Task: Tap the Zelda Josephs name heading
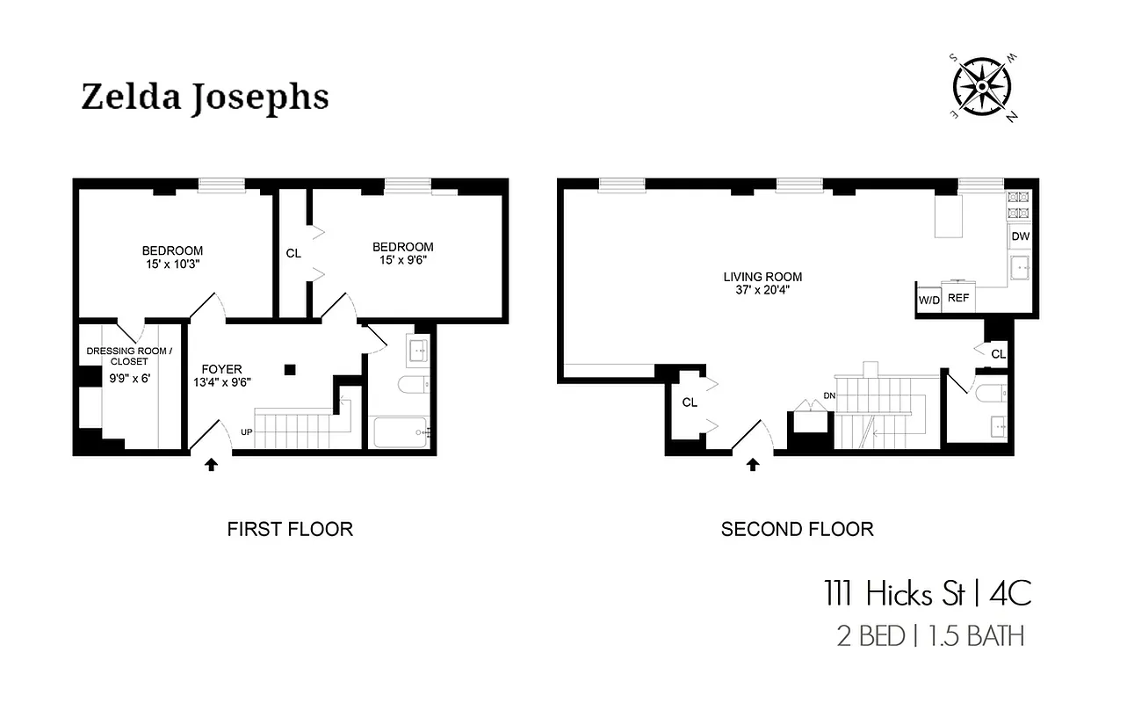coord(205,98)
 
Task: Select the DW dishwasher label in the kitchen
coord(1020,236)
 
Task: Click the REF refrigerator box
coord(958,298)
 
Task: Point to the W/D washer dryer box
coord(928,300)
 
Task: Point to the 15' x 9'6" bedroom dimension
coord(402,260)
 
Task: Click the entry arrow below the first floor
coord(212,465)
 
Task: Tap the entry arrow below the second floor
coord(752,465)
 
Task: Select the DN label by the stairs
coord(829,395)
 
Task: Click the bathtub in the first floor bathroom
coord(401,431)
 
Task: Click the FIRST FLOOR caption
coord(290,529)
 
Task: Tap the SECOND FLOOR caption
coord(797,529)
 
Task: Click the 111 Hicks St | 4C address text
coord(927,594)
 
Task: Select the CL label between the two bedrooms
coord(293,253)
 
